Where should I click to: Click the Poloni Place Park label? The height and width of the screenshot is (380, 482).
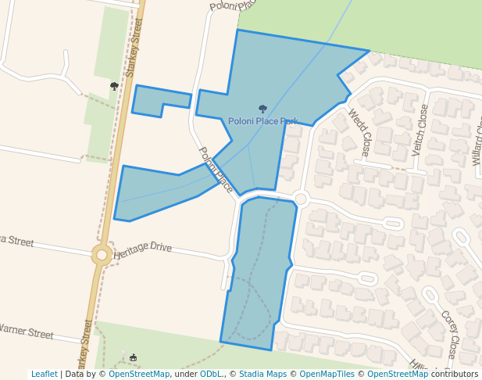(x=263, y=121)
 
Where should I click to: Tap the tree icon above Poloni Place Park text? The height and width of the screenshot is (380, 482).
(x=262, y=109)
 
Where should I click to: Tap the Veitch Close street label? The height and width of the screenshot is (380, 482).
(x=420, y=130)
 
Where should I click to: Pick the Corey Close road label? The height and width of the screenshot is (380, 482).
(x=449, y=335)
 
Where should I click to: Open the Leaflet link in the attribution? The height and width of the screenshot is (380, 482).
(x=44, y=374)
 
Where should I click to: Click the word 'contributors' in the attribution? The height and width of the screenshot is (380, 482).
(x=455, y=374)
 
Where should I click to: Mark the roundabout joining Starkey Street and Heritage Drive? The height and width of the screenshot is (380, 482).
(x=101, y=254)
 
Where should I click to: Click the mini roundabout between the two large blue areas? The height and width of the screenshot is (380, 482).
(x=301, y=199)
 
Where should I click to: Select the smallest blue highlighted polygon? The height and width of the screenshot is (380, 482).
(x=161, y=101)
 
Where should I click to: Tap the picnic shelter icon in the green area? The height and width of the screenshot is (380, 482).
(x=133, y=358)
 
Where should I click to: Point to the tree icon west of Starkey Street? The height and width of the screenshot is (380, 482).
(x=114, y=86)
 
